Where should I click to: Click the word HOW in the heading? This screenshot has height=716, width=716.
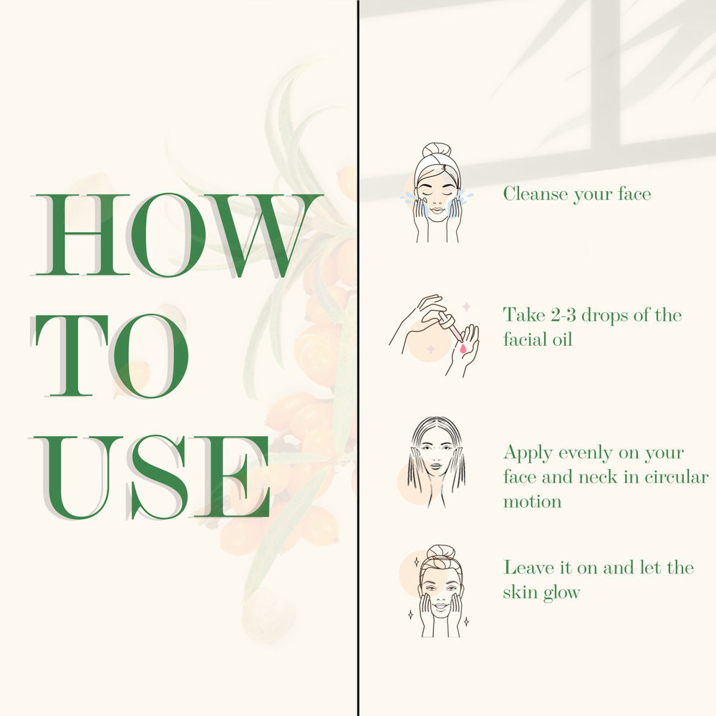(x=177, y=235)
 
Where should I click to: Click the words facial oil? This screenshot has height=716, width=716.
(x=538, y=339)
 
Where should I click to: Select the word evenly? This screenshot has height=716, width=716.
(x=585, y=453)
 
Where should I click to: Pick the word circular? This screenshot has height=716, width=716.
(x=677, y=477)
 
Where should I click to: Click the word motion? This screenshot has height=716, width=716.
(x=532, y=501)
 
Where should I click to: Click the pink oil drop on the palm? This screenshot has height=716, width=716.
(x=463, y=349)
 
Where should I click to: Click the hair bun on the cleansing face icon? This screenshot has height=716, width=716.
(x=437, y=150)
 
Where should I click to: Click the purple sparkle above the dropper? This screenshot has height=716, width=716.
(x=466, y=306)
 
